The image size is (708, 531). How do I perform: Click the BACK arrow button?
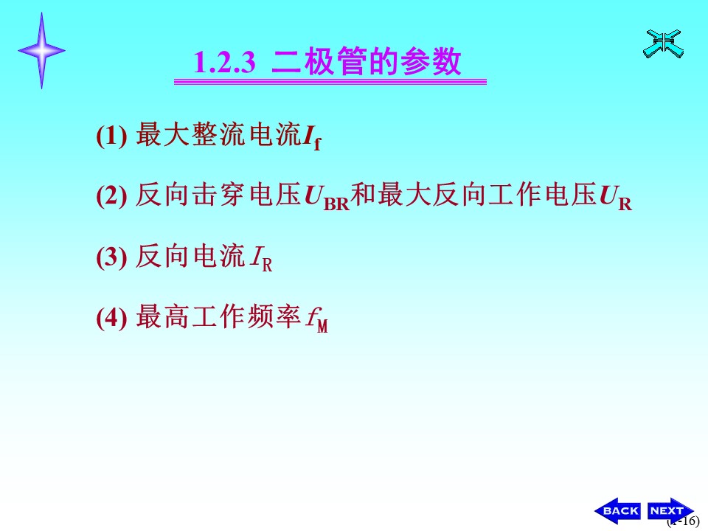pos(618,510)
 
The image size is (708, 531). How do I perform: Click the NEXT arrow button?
pos(670,510)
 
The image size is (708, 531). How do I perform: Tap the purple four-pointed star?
pos(41,51)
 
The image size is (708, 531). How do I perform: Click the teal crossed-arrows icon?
pos(663,44)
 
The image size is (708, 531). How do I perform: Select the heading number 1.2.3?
pos(224,62)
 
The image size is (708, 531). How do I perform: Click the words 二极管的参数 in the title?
pos(367,61)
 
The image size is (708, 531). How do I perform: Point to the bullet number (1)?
pos(111,135)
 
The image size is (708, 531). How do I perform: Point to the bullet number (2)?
pos(111,195)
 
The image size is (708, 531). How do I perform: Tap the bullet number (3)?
pos(111,257)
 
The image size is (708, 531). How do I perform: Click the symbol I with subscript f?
pos(312,137)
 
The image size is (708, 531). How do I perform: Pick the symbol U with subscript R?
pos(615,198)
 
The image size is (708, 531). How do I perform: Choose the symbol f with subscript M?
pos(317,319)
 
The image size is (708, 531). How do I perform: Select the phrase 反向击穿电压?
pos(218,195)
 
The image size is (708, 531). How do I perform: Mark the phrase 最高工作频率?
pos(218,316)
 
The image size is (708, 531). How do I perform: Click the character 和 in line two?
pos(364,195)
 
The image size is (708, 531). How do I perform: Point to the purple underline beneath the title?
pos(330,82)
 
